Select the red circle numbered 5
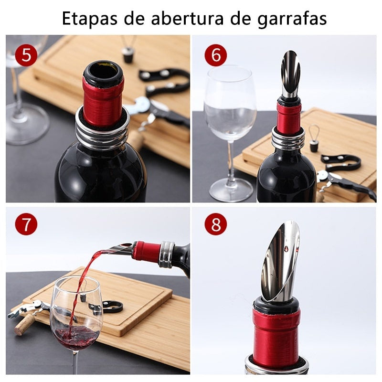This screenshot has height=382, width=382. pos(26,55)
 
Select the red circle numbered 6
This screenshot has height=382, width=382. pos(216,55)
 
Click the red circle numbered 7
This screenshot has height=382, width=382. pos(26,225)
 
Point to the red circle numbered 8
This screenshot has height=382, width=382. pos(216,225)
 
